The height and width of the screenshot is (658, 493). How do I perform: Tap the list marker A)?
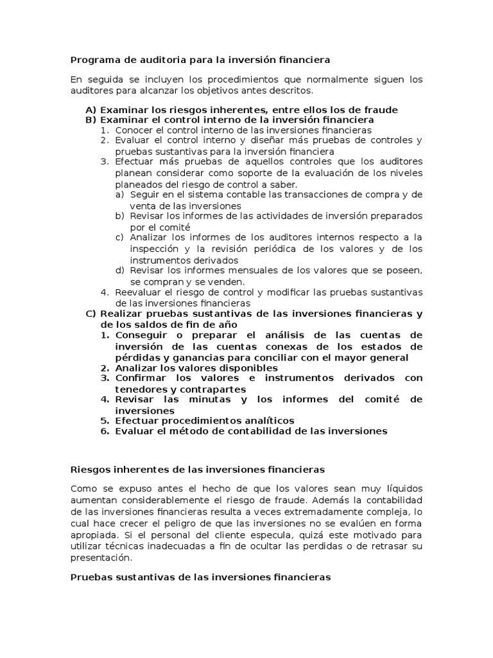pyautogui.click(x=91, y=110)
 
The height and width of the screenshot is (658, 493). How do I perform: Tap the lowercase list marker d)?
pyautogui.click(x=119, y=271)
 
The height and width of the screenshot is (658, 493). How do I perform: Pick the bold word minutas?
pyautogui.click(x=200, y=400)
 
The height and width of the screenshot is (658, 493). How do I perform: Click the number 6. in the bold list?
pyautogui.click(x=105, y=431)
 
